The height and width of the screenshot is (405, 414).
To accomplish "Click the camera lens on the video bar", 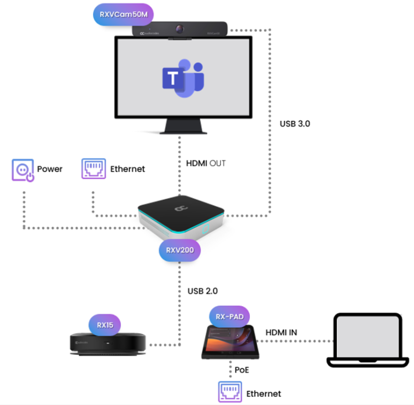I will click(180, 28).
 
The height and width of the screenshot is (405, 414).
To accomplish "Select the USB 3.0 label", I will click(295, 124).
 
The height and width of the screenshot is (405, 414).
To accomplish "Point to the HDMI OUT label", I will click(206, 163).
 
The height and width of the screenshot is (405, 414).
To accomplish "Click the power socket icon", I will click(23, 169).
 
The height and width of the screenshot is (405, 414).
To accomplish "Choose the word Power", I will click(50, 169).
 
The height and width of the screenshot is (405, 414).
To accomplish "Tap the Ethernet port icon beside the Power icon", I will click(93, 169).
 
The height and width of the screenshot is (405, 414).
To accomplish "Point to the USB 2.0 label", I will click(202, 290).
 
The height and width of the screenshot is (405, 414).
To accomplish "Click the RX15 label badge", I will click(105, 325).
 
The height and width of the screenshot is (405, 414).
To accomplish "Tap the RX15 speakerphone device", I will click(105, 345).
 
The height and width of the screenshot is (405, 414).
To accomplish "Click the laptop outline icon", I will click(368, 340).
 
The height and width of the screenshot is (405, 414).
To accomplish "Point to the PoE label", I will click(242, 370).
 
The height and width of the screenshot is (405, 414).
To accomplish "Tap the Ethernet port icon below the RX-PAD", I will click(230, 392).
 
